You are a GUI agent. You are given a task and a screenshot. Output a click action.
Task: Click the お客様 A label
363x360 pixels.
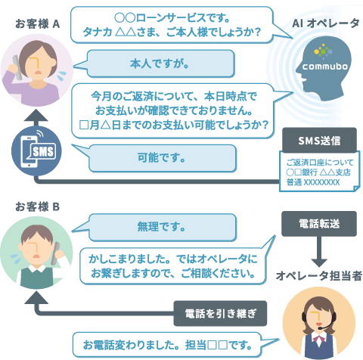pyautogui.click(x=38, y=24)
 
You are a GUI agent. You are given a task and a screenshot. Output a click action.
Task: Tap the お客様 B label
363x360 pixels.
pyautogui.click(x=38, y=206)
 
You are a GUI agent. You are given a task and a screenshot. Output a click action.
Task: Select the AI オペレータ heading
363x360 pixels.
pyautogui.click(x=326, y=23)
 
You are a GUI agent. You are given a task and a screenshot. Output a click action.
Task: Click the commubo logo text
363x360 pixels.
pyautogui.click(x=325, y=67)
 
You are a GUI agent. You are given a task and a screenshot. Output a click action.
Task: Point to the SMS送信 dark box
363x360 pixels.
pyautogui.click(x=319, y=140)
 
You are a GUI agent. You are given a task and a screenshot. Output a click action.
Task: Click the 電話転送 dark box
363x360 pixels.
pyautogui.click(x=319, y=224)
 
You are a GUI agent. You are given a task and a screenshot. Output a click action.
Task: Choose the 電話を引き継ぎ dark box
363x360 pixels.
pyautogui.click(x=220, y=313)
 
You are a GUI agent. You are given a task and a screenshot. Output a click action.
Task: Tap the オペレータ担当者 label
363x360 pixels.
pyautogui.click(x=319, y=276)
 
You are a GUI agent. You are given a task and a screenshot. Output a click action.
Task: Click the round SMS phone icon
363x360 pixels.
pyautogui.click(x=36, y=151)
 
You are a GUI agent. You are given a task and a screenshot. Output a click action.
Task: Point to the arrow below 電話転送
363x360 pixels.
pyautogui.click(x=319, y=251)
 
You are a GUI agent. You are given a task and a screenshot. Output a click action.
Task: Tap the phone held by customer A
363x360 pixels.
pyautogui.click(x=17, y=67)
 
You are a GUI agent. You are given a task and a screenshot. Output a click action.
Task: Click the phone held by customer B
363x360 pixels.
pyautogui.click(x=56, y=253)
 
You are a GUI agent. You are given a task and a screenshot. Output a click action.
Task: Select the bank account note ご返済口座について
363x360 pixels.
pyautogui.click(x=319, y=172)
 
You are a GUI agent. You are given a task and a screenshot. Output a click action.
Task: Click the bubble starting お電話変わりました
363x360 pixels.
pyautogui.click(x=167, y=345)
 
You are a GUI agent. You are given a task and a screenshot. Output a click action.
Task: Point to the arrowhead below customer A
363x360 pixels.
pyautogui.click(x=36, y=115)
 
